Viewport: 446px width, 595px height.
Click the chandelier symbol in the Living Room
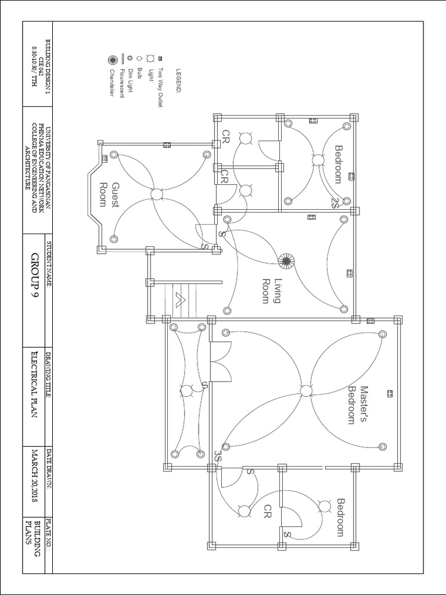click(285, 261)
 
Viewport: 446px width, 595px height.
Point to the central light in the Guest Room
click(156, 194)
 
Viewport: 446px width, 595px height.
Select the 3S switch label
click(218, 456)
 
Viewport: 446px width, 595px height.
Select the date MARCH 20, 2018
click(34, 476)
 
